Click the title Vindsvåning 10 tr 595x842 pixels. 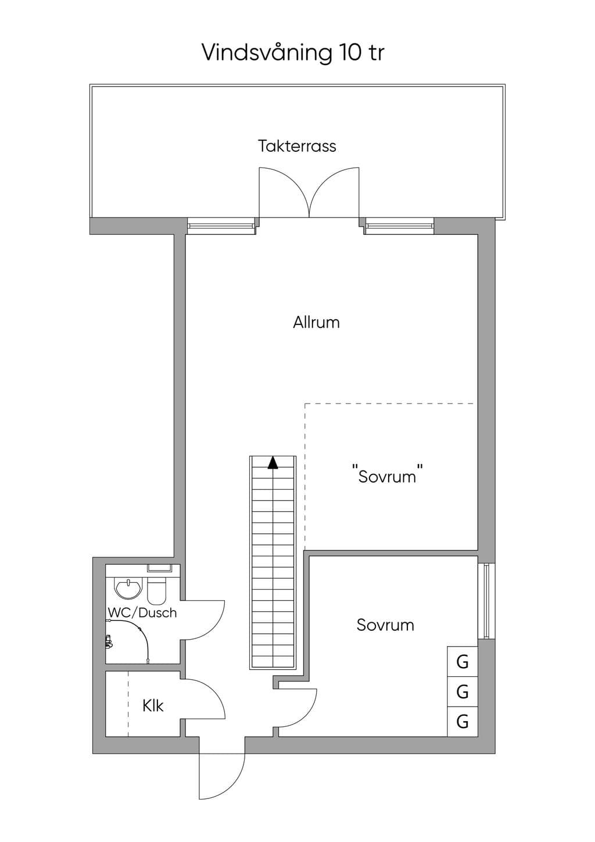coord(293,53)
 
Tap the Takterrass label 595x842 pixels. coord(297,146)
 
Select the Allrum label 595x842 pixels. coord(316,323)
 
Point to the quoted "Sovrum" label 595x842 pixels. coord(388,476)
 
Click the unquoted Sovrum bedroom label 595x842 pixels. coord(385,625)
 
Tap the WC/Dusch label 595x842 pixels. coord(142,612)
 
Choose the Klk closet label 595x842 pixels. coord(153,705)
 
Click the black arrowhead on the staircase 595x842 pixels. coord(273,463)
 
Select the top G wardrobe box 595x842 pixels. coord(463,662)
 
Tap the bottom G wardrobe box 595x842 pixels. coord(463,722)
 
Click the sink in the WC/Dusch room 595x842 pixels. coord(129,588)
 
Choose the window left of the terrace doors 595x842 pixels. coord(221,226)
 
